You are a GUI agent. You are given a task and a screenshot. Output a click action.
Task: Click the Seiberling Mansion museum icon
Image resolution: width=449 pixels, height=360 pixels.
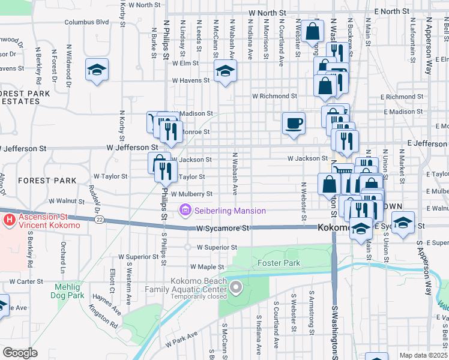(x=185, y=211)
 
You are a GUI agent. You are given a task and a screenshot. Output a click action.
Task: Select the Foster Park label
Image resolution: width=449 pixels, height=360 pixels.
(x=279, y=263)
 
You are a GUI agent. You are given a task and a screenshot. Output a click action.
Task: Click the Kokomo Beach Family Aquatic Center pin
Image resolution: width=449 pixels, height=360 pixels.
(x=236, y=288)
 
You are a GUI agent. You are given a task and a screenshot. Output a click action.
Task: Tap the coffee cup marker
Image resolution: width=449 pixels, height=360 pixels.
(x=294, y=124)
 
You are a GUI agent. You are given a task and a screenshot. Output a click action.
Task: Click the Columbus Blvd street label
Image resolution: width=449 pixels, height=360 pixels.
(x=86, y=22)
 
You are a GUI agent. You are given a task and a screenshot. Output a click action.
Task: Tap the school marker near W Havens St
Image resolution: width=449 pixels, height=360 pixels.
(x=225, y=71)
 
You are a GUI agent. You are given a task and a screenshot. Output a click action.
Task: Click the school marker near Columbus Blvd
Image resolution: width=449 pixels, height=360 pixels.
(x=97, y=70)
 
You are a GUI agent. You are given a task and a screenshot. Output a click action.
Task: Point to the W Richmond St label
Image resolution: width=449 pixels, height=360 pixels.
(x=274, y=96)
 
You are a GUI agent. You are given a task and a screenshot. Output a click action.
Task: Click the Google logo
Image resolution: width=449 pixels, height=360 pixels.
(x=20, y=353)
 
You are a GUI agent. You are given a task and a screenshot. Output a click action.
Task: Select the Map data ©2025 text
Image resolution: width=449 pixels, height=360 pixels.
(x=423, y=355)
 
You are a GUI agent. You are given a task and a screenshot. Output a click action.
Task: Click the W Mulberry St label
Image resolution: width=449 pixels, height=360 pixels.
(x=191, y=194)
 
